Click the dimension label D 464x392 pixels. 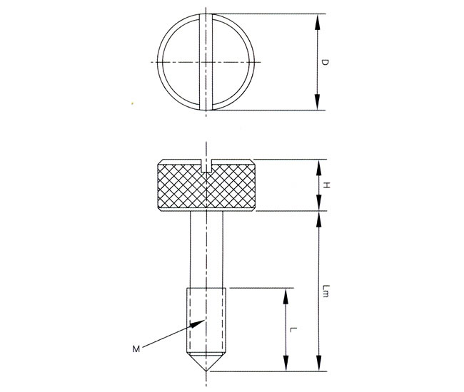[325, 62]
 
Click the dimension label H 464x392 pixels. [326, 185]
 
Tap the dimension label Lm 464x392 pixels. [326, 291]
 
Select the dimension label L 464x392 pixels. [293, 329]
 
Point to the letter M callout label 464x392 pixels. [136, 349]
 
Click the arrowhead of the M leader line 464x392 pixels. [196, 324]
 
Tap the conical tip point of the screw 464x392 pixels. [206, 371]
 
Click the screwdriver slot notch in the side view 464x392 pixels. [206, 166]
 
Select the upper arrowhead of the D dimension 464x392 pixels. [317, 22]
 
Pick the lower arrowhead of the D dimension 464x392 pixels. [317, 102]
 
